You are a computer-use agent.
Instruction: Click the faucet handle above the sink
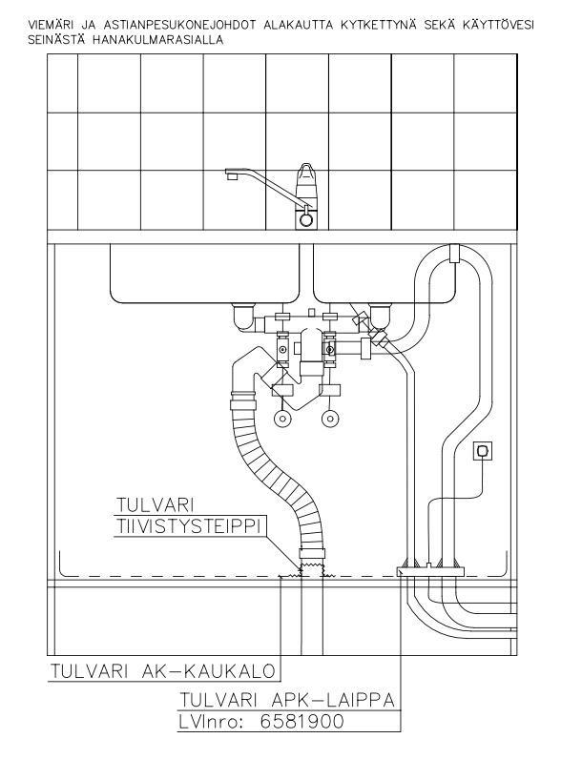(305, 180)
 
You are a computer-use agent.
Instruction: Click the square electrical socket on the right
(482, 449)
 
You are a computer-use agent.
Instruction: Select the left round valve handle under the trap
(283, 417)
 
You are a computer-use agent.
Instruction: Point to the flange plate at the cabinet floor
(429, 571)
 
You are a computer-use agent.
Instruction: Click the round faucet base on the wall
(305, 219)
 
